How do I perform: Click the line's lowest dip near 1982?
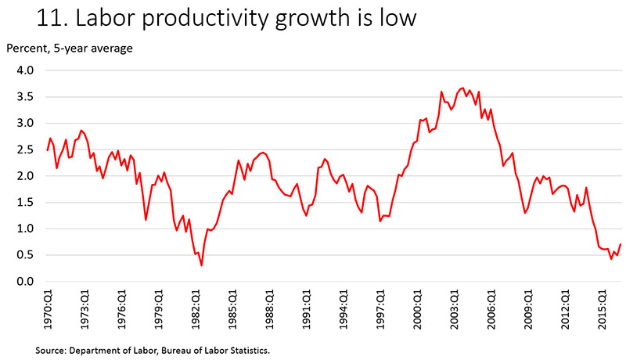click(x=202, y=265)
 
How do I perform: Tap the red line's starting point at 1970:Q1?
click(x=48, y=149)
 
